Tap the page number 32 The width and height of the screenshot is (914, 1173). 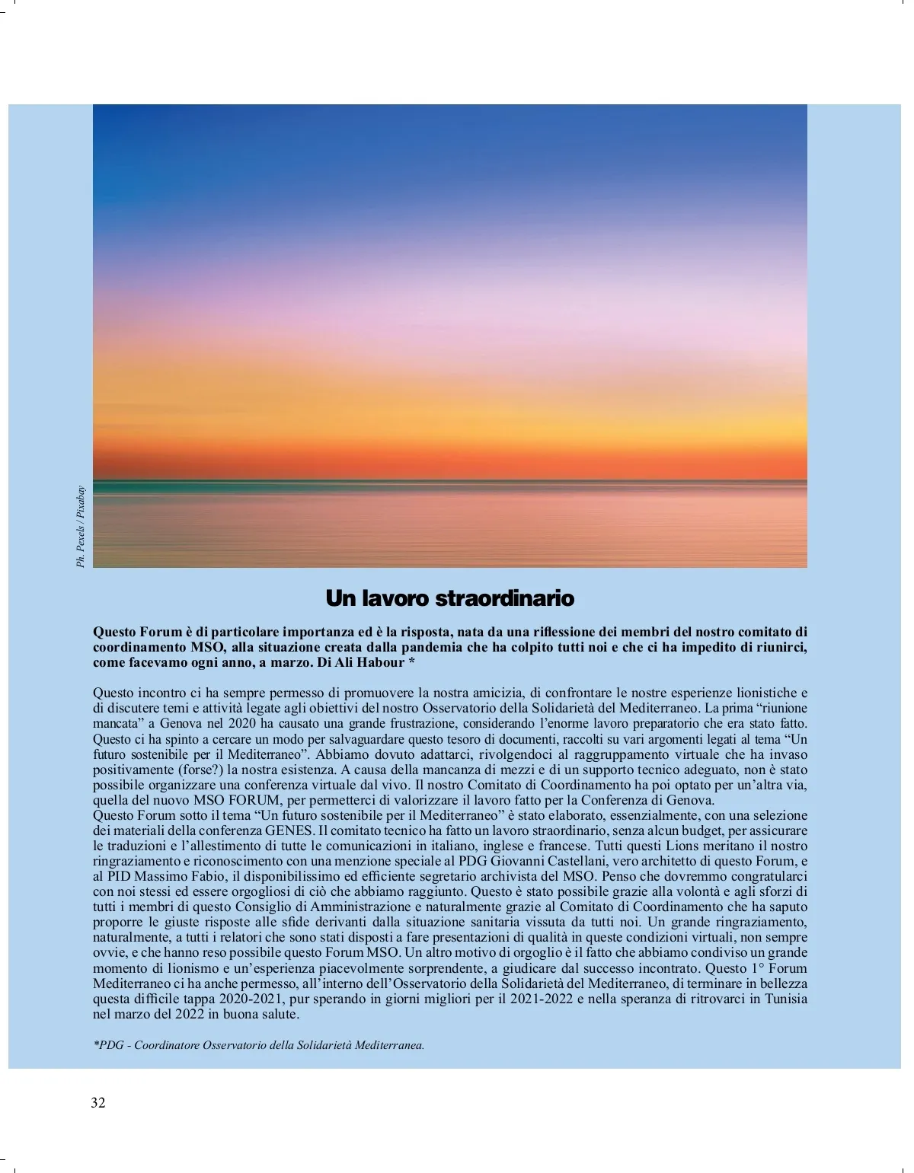tap(98, 1103)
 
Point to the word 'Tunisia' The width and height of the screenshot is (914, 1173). tap(786, 999)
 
